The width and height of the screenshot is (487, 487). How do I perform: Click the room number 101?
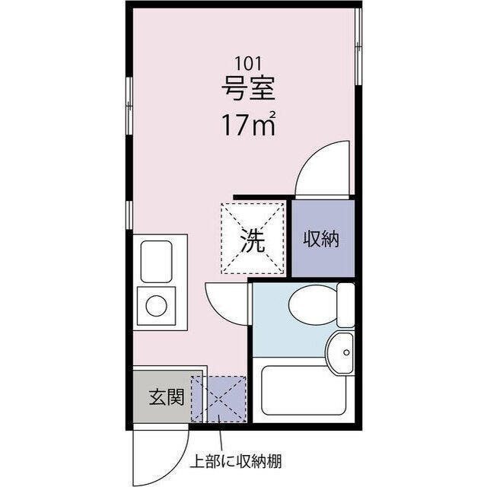(248, 63)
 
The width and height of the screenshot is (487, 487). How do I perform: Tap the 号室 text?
(248, 88)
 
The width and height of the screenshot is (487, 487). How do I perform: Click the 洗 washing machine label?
(253, 240)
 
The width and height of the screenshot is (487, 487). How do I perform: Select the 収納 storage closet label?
(321, 239)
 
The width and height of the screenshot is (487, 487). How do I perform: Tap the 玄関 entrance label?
(167, 397)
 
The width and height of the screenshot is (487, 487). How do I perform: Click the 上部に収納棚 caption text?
(236, 461)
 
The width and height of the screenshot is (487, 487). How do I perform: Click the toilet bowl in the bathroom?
(313, 305)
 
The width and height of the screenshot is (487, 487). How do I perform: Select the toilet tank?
(345, 304)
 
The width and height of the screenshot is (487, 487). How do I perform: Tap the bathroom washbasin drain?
(347, 352)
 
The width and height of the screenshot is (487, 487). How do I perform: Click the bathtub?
(304, 390)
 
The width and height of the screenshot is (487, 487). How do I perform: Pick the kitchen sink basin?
(156, 262)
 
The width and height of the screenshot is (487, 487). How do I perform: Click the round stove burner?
(156, 305)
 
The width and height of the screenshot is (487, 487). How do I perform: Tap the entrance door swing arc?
(177, 465)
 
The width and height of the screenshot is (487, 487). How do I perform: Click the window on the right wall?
(358, 46)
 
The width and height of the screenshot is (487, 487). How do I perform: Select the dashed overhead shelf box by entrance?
(218, 399)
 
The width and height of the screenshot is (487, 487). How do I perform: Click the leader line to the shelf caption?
(220, 434)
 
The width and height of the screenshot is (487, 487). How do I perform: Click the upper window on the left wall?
(129, 106)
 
